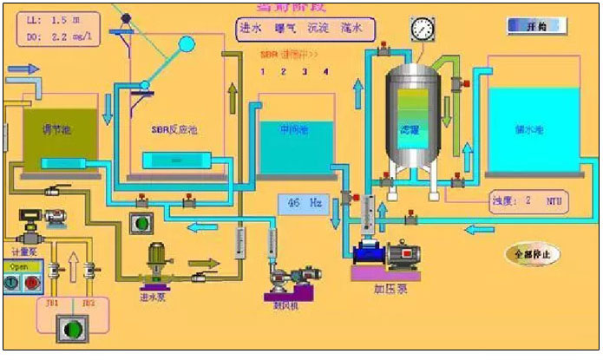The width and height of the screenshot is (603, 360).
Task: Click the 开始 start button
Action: click(x=535, y=27)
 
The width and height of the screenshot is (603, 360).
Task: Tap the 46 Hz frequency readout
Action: click(x=302, y=204)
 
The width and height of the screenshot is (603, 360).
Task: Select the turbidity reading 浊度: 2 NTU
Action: click(x=526, y=200)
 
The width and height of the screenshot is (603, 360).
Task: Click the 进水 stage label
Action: click(x=251, y=28)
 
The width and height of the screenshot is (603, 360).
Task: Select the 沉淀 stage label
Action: click(x=317, y=28)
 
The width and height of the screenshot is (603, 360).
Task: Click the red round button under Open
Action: click(x=32, y=282)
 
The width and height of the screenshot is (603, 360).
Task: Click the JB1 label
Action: click(x=52, y=304)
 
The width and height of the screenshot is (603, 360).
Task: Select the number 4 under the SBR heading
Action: click(x=326, y=71)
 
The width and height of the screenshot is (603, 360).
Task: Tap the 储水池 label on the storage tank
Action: click(x=528, y=129)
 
